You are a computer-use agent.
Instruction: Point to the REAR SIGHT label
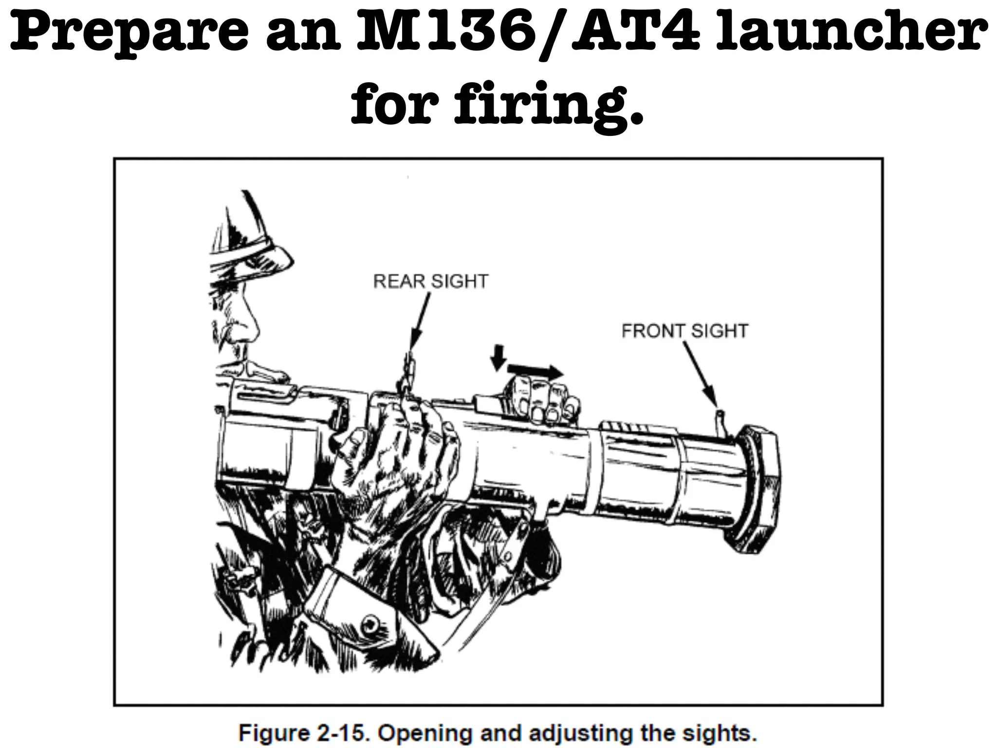430,281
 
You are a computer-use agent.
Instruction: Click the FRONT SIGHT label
684,331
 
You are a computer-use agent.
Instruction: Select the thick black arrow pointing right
535,372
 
